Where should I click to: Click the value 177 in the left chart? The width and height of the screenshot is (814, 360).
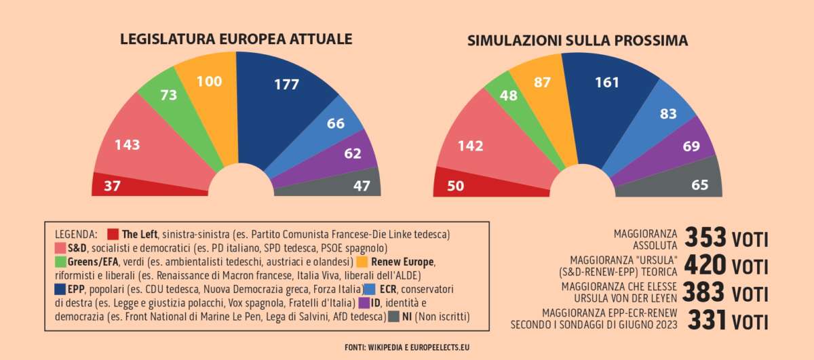tap(287, 85)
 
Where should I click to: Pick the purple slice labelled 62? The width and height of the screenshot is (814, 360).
tap(353, 154)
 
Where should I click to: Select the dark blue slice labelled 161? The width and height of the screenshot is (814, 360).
tap(607, 83)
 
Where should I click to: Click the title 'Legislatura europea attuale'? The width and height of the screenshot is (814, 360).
tap(236, 39)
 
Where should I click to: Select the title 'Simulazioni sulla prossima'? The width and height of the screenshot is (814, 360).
tap(577, 41)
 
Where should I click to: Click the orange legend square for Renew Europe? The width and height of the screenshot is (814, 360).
tap(362, 262)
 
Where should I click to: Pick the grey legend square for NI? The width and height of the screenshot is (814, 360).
tap(393, 316)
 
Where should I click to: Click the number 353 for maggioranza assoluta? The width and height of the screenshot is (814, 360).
tap(705, 238)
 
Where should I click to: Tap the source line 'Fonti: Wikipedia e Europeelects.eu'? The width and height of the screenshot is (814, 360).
tap(407, 347)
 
